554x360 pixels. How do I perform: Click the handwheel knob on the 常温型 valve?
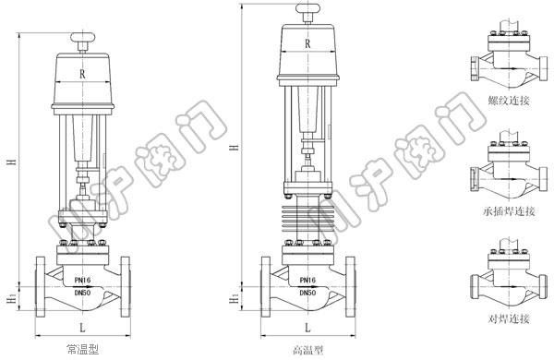tap(83, 37)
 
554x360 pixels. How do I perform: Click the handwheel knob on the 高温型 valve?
tap(308, 8)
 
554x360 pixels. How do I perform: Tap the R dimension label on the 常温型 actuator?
tap(82, 74)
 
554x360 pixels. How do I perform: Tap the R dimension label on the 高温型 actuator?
tap(307, 43)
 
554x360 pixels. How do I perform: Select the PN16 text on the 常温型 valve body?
tap(83, 280)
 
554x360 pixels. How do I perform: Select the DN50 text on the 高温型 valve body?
tap(308, 293)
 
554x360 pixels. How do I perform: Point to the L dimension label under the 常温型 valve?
tap(82, 328)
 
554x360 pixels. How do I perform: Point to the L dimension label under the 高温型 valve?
tap(307, 328)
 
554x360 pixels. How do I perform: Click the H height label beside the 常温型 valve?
tap(12, 162)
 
